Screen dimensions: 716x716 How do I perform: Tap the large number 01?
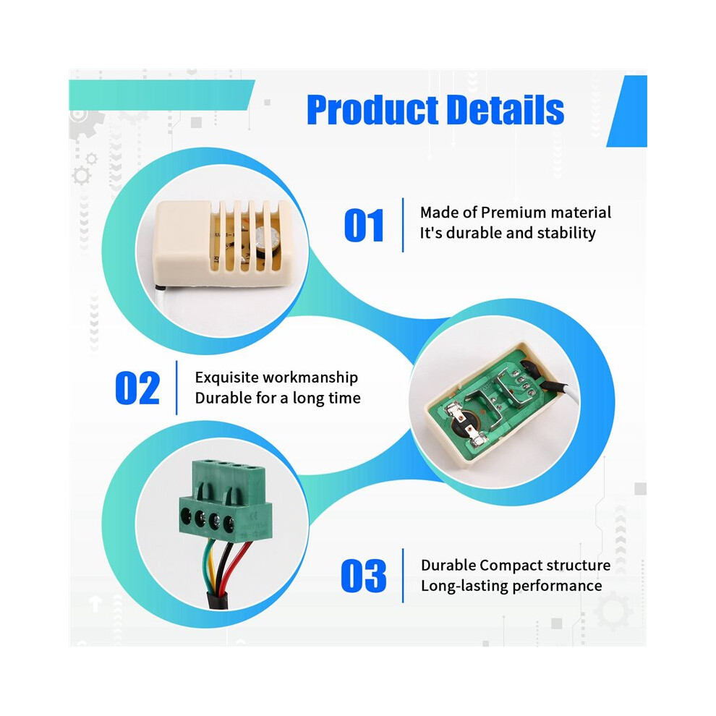point(364,225)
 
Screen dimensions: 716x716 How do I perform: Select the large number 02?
point(137,388)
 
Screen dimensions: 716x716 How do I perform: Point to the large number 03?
point(364,576)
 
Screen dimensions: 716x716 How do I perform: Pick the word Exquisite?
point(226,378)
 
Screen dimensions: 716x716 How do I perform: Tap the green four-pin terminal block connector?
point(225,500)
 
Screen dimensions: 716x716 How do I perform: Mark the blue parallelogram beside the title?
point(626,111)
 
